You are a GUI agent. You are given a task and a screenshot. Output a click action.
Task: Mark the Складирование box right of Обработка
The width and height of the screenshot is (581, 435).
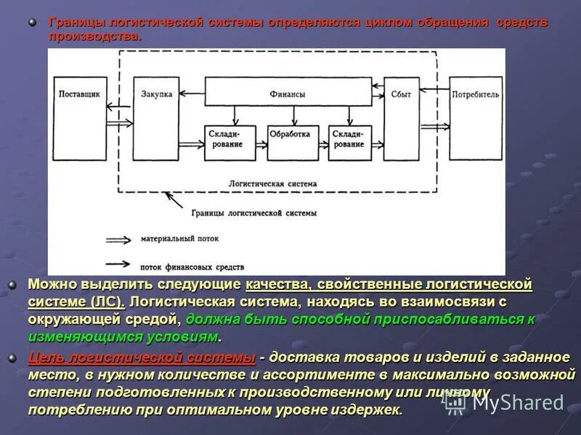click(x=350, y=139)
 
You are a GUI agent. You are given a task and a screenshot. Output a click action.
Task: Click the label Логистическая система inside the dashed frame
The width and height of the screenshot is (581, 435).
click(x=272, y=184)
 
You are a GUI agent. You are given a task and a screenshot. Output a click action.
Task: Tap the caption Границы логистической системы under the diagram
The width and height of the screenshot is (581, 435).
click(x=254, y=213)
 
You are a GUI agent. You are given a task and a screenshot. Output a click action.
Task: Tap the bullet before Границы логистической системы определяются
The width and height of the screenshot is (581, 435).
click(x=32, y=23)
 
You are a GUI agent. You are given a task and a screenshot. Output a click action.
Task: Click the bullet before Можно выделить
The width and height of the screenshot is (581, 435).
click(x=12, y=285)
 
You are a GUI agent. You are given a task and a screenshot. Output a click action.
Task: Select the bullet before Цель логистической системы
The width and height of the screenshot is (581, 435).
click(x=12, y=357)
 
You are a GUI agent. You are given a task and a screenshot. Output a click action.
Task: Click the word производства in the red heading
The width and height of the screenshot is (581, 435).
click(x=94, y=36)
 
